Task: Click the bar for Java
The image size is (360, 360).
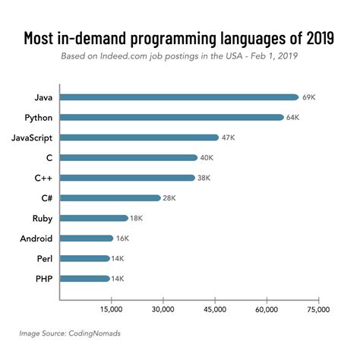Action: point(178,97)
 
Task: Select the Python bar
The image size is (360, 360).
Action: point(171,117)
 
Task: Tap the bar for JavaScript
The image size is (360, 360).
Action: point(138,137)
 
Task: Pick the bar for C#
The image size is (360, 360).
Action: point(109,197)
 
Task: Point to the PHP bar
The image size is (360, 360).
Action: point(84,278)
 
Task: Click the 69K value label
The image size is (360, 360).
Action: point(309,97)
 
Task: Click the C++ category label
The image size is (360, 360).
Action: point(42,178)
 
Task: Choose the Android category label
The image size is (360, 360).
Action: point(35,238)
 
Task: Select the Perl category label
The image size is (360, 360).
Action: point(44,258)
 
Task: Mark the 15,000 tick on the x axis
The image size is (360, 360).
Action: point(111,310)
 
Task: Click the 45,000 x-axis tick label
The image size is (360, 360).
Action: point(215,310)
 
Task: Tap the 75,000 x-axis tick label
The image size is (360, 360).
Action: point(318,310)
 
